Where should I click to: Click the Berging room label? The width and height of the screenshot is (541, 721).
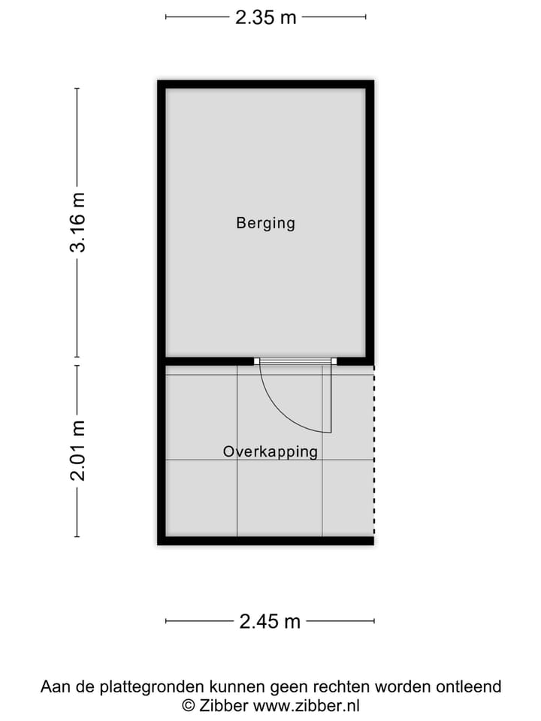click(265, 223)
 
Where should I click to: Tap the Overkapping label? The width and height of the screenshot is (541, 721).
click(270, 451)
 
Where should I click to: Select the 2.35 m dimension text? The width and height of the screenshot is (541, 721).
click(265, 17)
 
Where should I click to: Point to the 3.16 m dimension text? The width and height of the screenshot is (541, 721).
click(78, 222)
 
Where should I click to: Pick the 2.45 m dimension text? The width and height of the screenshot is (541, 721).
click(270, 621)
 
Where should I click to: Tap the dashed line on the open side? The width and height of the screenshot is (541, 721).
click(373, 451)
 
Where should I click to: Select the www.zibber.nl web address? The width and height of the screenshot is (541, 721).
click(307, 705)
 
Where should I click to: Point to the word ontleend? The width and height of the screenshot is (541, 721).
click(472, 686)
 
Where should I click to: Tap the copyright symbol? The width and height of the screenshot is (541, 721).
click(189, 705)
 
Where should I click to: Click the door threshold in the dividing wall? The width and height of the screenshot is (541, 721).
click(295, 361)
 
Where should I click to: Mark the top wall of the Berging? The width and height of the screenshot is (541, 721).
click(265, 84)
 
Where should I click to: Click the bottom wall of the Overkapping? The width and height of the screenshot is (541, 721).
click(265, 540)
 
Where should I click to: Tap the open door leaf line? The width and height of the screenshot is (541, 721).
click(331, 398)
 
